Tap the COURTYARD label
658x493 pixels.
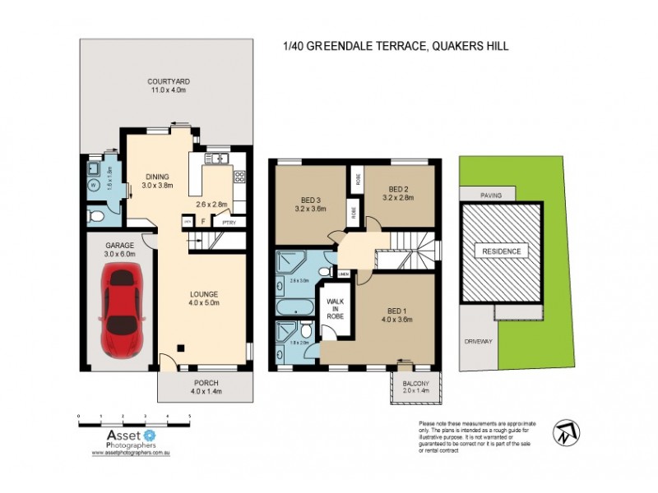[x=169, y=81]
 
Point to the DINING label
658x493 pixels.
[x=158, y=176]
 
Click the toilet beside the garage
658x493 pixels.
[x=95, y=216]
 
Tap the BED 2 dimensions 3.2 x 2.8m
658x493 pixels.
[x=398, y=197]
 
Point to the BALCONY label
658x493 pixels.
[x=415, y=383]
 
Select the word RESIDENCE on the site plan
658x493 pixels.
[x=501, y=250]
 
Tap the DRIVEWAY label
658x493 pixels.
[x=477, y=340]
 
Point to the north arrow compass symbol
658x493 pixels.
[x=568, y=431]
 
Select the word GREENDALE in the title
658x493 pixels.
[x=332, y=47]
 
